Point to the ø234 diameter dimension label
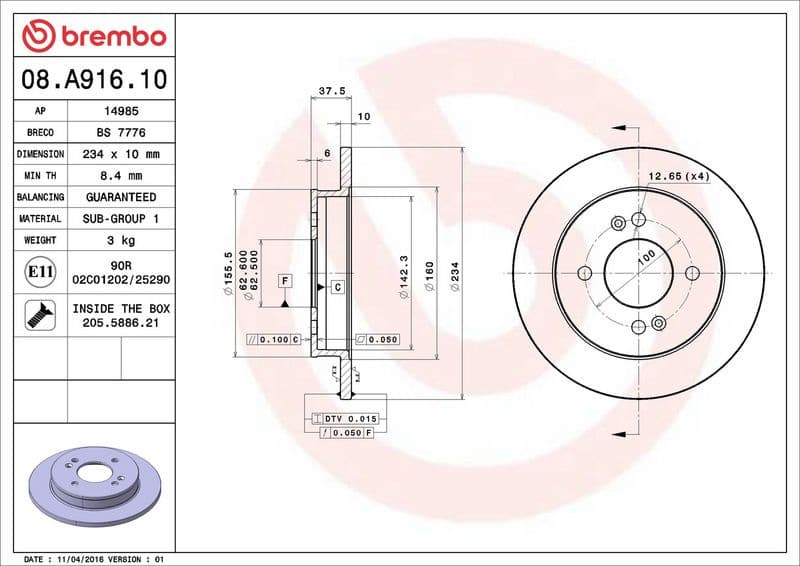tap(455, 275)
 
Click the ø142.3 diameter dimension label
tap(402, 275)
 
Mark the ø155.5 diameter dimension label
tap(228, 275)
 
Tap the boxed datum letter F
tap(284, 280)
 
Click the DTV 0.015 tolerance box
tap(343, 417)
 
